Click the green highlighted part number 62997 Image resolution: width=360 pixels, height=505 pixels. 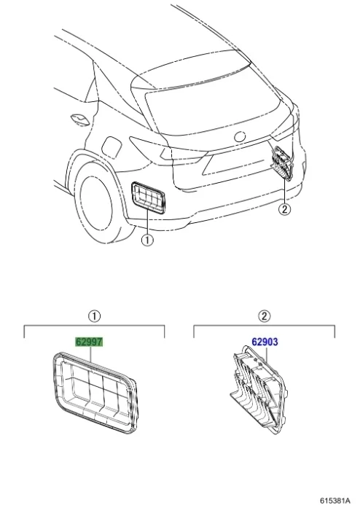89,342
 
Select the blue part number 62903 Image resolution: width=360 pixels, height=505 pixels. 265,342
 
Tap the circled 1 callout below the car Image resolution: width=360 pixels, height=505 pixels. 147,240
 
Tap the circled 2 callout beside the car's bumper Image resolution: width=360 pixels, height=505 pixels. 285,209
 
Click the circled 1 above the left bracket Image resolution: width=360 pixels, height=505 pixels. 94,316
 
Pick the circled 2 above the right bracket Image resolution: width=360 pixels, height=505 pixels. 264,316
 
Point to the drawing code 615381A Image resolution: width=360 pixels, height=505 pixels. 335,500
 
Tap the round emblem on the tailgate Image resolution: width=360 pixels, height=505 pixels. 240,137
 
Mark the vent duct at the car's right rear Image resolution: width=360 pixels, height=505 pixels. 283,162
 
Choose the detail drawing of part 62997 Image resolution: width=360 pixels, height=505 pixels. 94,392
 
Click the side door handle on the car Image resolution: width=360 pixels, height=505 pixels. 79,120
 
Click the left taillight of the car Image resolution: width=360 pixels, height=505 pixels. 168,150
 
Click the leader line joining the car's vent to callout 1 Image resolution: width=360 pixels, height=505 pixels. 147,222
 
